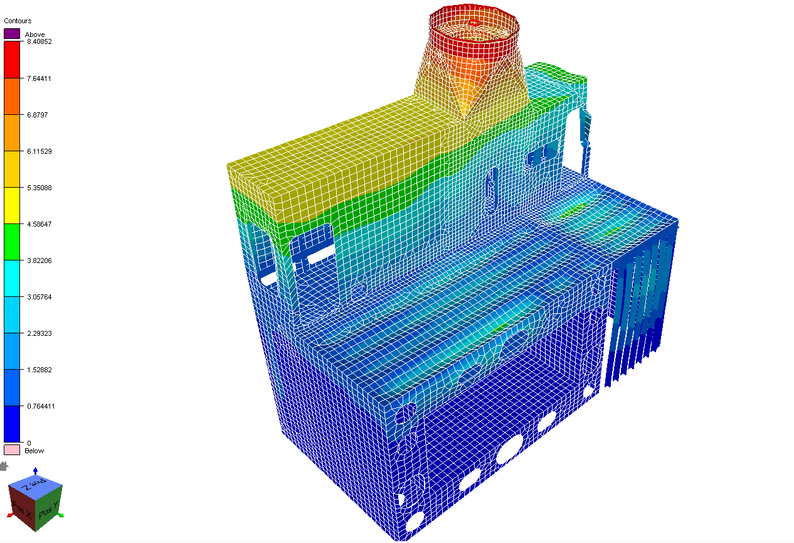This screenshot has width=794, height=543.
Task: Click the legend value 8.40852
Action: (x=40, y=42)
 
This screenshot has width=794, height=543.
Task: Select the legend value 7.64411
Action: (x=39, y=78)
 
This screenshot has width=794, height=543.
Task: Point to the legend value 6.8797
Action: (x=37, y=115)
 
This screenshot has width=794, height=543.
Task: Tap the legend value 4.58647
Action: (x=39, y=224)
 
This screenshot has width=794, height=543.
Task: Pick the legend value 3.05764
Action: (x=39, y=297)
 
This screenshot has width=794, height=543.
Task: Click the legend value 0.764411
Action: (x=41, y=406)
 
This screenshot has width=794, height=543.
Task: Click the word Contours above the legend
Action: (x=18, y=21)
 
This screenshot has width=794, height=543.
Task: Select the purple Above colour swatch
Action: (x=12, y=34)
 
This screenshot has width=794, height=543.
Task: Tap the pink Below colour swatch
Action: (x=12, y=450)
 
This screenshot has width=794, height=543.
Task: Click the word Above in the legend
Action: (x=34, y=35)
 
